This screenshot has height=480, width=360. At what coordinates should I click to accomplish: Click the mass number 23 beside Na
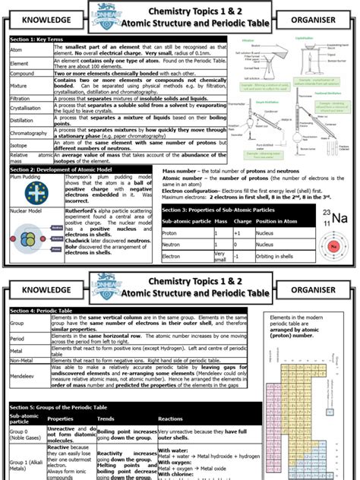click(327, 213)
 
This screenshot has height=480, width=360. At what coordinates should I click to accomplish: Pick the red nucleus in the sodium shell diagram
click(333, 246)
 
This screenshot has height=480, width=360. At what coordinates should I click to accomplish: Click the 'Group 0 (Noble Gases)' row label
click(27, 434)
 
